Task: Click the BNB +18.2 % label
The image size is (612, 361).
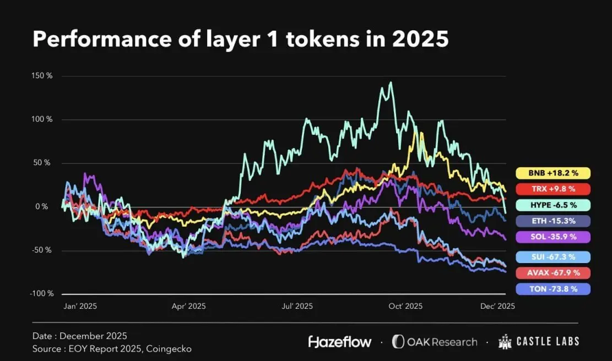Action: point(553,173)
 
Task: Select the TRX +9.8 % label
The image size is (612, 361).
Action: point(553,189)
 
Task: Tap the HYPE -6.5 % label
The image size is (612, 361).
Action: point(553,205)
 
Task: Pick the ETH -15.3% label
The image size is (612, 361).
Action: point(553,221)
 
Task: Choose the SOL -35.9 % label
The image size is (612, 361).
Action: point(553,237)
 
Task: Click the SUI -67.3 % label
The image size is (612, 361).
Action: point(553,256)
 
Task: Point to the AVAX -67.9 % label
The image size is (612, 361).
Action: point(553,272)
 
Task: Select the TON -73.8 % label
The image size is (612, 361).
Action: point(553,288)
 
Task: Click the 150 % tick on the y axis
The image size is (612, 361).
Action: point(42,76)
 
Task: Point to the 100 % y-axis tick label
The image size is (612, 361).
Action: point(42,119)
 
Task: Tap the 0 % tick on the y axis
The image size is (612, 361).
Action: point(42,206)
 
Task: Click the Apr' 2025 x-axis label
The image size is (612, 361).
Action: point(189,307)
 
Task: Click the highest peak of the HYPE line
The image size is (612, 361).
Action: point(391,83)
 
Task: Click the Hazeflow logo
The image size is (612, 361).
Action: point(339,342)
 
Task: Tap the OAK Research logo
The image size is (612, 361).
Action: point(435,342)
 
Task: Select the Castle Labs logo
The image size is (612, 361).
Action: point(539,342)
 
